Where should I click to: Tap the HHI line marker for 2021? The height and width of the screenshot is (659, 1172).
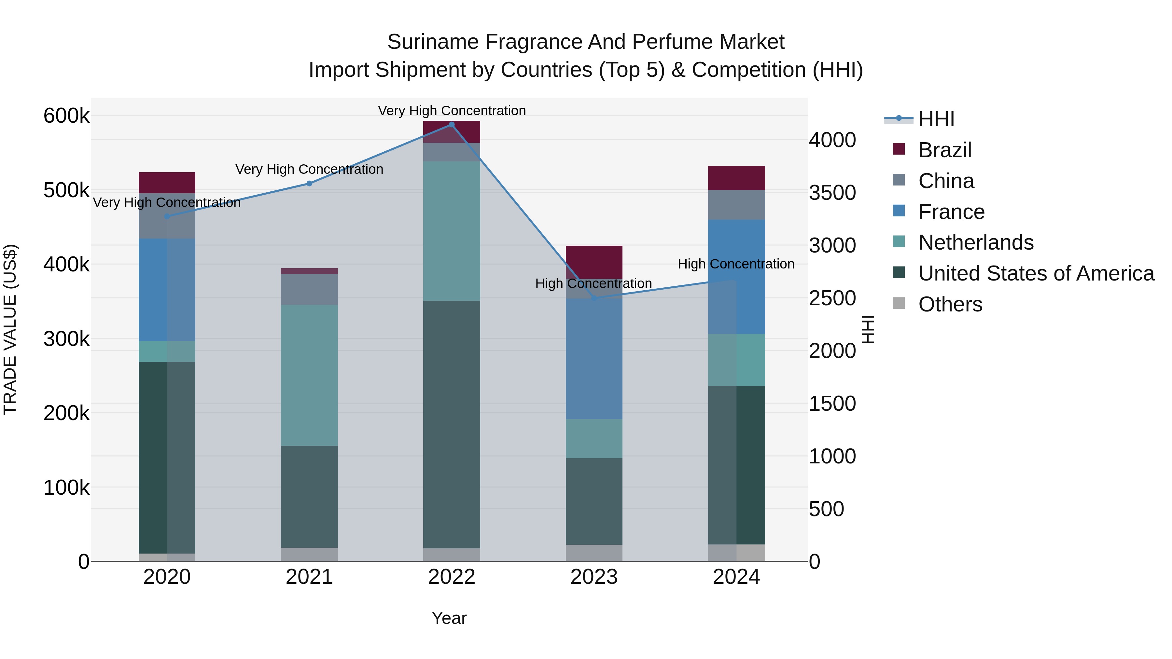[x=309, y=184]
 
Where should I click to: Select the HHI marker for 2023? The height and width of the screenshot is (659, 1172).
[x=594, y=298]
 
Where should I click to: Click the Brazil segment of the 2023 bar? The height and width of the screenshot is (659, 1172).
[x=594, y=262]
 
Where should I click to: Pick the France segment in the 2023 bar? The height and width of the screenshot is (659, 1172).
[x=594, y=359]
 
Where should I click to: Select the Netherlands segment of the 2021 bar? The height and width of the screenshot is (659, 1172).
[x=309, y=375]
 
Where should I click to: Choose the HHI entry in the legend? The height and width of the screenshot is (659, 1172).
[x=936, y=119]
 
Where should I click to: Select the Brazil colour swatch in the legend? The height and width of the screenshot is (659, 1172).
[x=899, y=149]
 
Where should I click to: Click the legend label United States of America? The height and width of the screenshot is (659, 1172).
[x=1036, y=273]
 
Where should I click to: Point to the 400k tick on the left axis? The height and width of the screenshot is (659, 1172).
[x=66, y=264]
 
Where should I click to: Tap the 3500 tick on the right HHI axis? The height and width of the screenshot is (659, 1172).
[x=832, y=193]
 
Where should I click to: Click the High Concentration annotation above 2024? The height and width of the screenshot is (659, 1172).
[x=736, y=264]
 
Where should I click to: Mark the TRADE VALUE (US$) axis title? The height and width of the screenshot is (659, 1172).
[x=10, y=329]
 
